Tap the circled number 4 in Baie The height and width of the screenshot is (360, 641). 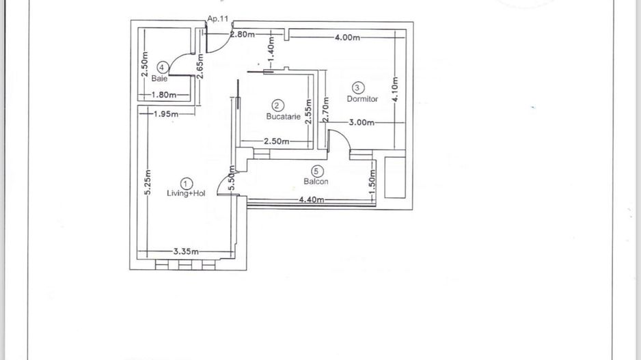point(162,67)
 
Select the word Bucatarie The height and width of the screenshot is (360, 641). point(284,116)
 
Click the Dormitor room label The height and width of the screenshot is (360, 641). point(362,99)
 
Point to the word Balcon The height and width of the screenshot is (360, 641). point(316,182)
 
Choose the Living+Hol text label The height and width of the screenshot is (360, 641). point(187,193)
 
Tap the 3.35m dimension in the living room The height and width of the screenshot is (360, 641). point(186,251)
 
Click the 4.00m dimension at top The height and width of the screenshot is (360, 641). point(347,38)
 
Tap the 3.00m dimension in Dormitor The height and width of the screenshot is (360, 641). point(362,123)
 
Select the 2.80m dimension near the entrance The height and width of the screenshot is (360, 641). point(243,35)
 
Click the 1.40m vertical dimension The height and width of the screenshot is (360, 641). point(271,46)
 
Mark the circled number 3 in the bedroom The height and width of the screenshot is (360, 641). point(359,87)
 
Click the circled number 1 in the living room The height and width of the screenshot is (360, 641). point(187,183)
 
